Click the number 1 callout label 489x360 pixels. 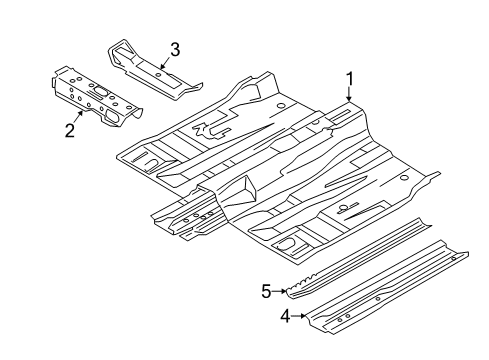point(350,80)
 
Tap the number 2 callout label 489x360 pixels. point(70,130)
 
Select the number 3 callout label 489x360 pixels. point(175,50)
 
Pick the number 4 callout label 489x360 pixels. point(285,316)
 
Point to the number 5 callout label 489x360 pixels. point(267,291)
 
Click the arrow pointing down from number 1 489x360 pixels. point(349,94)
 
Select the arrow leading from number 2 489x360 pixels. point(78,117)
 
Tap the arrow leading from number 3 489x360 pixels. point(165,62)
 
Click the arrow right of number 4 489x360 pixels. point(299,316)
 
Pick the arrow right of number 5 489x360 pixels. point(279,291)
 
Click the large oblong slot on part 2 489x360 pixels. point(100,91)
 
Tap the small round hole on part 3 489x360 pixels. point(159,74)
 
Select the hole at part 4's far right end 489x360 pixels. point(453,259)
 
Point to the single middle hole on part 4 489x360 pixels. point(378,299)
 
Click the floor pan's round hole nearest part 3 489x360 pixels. point(280,106)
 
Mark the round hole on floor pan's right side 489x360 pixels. point(404,177)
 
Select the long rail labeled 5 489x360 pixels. point(359,258)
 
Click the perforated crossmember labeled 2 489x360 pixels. point(97,97)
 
